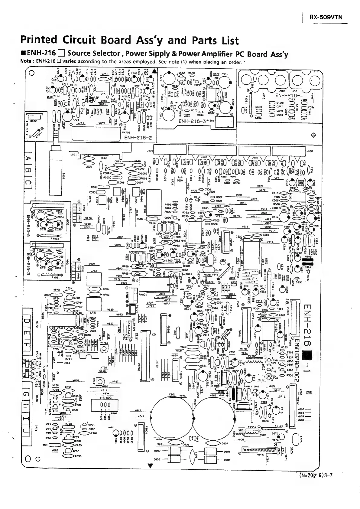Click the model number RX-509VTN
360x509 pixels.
(x=326, y=17)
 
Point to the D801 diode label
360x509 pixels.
(x=227, y=452)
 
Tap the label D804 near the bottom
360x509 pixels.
(x=227, y=460)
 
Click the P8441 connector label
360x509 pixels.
(x=260, y=455)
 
